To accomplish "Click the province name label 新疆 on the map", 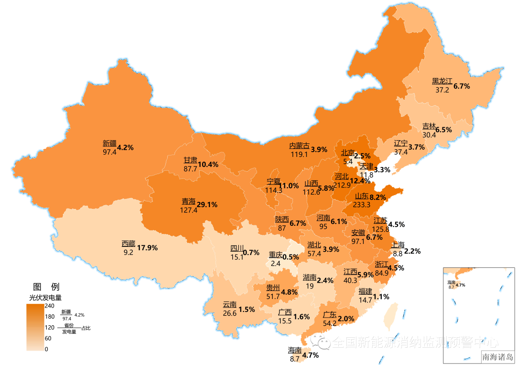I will click(x=109, y=144).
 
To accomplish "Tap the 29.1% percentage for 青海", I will click(x=207, y=204).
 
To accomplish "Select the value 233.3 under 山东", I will click(x=362, y=205).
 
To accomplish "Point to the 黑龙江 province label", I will click(x=442, y=81).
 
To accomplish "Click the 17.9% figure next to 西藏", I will click(x=147, y=248).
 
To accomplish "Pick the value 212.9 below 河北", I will click(x=343, y=185).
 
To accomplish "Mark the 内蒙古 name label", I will click(x=299, y=146).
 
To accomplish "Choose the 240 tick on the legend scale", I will click(x=50, y=306).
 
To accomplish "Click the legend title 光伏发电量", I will click(x=46, y=297).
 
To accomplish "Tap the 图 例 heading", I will click(x=46, y=287).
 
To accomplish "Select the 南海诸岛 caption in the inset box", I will click(x=498, y=356).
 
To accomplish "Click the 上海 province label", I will click(x=398, y=244).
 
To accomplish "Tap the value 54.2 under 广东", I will click(x=330, y=323).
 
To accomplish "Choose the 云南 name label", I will click(x=229, y=305).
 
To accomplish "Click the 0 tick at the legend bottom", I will click(x=46, y=349).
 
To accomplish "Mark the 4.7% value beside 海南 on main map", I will click(x=311, y=355).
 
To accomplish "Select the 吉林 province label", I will click(x=429, y=127).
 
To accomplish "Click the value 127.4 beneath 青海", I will click(x=189, y=210).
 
